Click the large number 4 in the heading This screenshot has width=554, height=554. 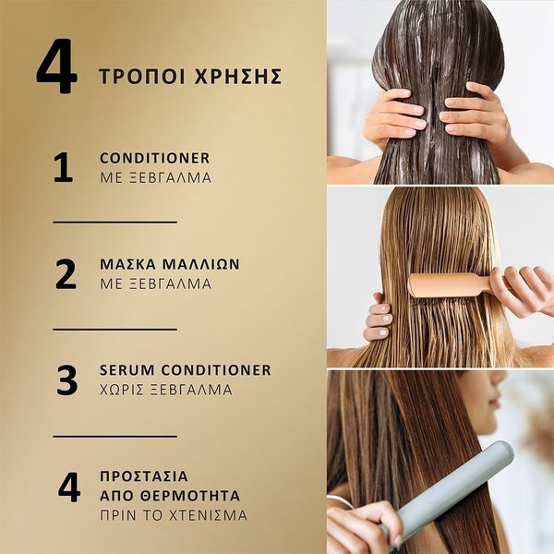[x=57, y=66]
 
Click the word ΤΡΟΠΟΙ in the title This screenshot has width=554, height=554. [x=141, y=77]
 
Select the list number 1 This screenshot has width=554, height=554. [x=64, y=167]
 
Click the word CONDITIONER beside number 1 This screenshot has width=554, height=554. [x=155, y=158]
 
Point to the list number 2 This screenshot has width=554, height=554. [x=66, y=274]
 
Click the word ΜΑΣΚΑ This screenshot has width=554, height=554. [x=128, y=265]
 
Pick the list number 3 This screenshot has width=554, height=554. [x=66, y=380]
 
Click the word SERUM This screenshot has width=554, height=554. [x=127, y=370]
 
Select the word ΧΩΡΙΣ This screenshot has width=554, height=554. [x=122, y=390]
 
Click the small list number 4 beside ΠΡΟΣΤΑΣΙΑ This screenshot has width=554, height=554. [x=69, y=487]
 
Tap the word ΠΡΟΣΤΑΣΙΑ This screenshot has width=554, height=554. [x=144, y=476]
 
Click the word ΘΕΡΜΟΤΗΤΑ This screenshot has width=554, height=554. [x=190, y=496]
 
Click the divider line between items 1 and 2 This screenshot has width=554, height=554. [x=115, y=223]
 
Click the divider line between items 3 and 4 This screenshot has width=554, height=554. [x=115, y=437]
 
